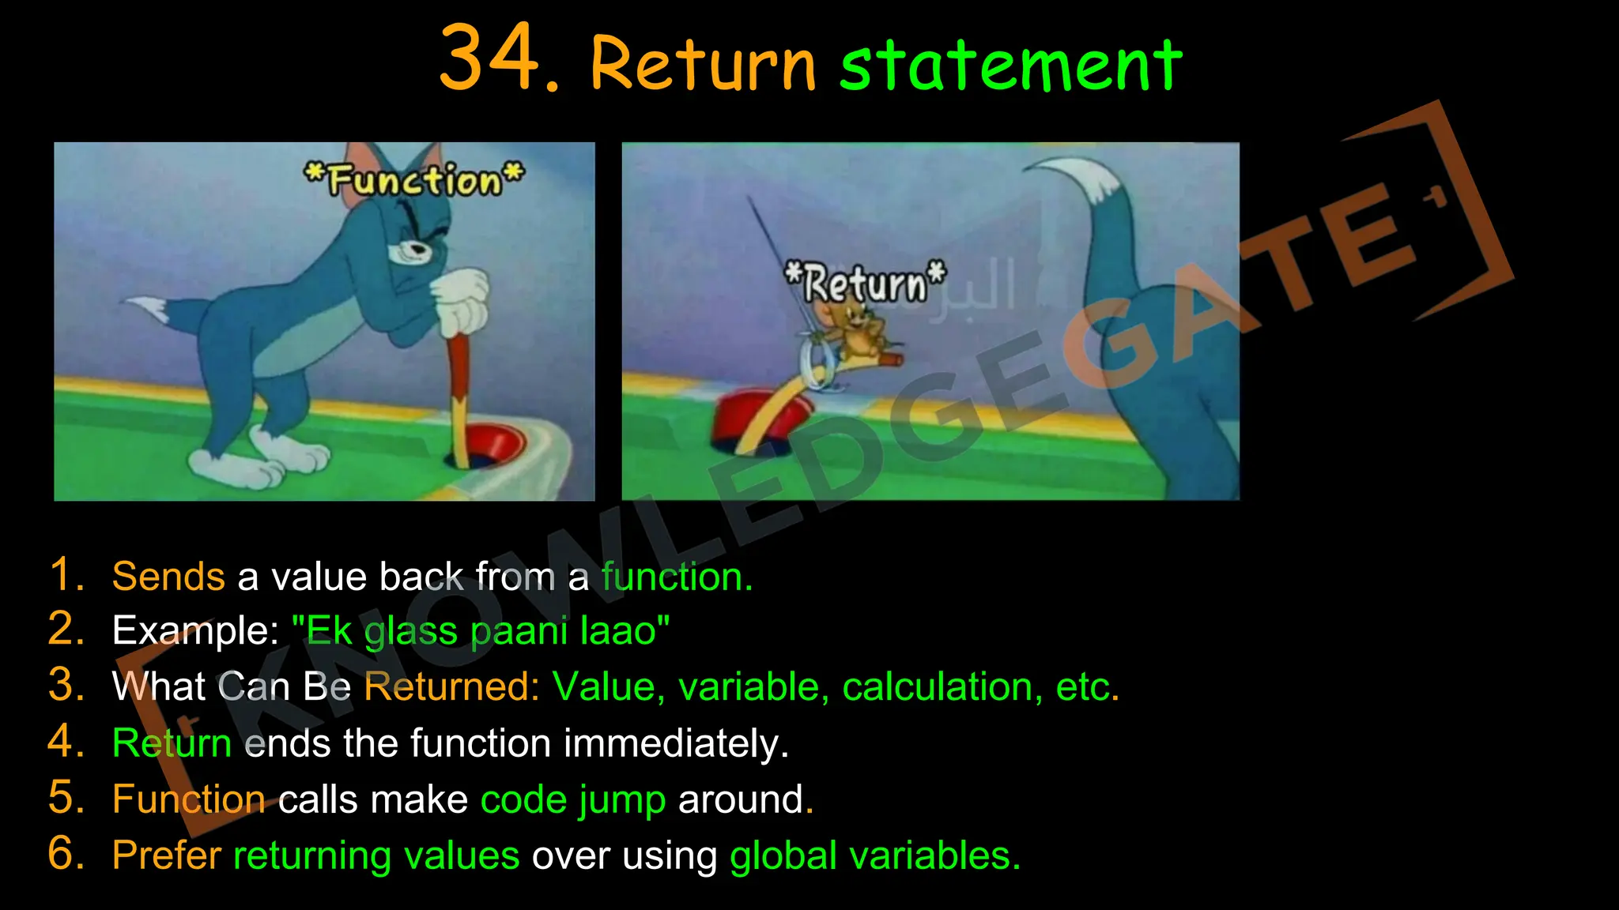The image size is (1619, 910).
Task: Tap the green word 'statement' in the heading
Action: click(1010, 65)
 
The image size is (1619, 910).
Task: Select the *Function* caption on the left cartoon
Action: click(414, 179)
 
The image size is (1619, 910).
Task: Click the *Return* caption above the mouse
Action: click(865, 283)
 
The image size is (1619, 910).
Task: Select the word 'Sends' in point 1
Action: click(168, 576)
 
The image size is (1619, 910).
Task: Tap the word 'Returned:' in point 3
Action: click(451, 686)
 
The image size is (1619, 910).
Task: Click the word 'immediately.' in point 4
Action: click(676, 743)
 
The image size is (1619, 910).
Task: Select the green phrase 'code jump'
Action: click(573, 799)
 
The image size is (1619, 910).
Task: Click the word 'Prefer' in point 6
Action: click(167, 855)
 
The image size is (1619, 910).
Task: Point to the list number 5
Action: click(66, 798)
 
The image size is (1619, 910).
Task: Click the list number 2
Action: click(66, 630)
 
